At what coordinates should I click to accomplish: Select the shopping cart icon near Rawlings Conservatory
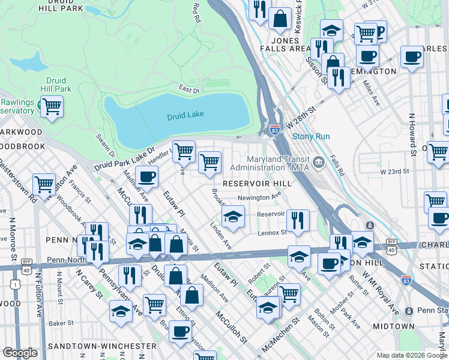click(x=52, y=107)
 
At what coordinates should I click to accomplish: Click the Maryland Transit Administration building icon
click(x=318, y=160)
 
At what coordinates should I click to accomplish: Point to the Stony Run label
click(x=311, y=136)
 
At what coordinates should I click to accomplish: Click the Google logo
click(x=20, y=353)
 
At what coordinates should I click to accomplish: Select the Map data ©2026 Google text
click(x=411, y=355)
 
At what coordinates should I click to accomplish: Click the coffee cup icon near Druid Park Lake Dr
click(x=146, y=177)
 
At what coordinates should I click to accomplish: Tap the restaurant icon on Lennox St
click(x=298, y=220)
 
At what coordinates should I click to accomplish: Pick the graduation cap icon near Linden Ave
click(x=233, y=215)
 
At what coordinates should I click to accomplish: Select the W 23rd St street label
click(x=394, y=172)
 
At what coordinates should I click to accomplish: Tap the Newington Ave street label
click(x=259, y=196)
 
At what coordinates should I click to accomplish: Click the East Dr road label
click(x=188, y=91)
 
